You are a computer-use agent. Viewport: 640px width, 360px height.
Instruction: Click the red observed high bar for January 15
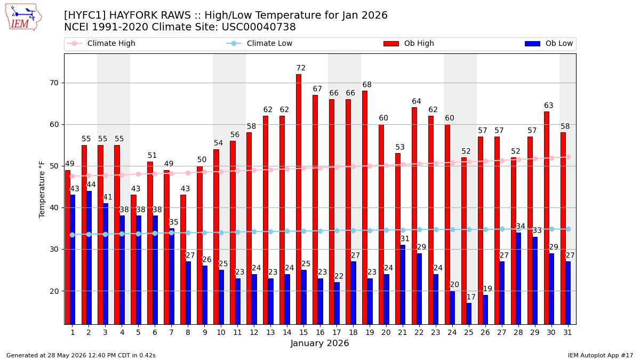click(x=299, y=199)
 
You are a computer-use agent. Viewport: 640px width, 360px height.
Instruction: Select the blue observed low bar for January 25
click(x=469, y=314)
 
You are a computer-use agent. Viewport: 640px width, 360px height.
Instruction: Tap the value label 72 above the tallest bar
click(x=301, y=68)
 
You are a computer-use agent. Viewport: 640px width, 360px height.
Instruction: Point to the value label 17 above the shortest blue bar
click(x=471, y=297)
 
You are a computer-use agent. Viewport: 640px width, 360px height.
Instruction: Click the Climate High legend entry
click(x=101, y=43)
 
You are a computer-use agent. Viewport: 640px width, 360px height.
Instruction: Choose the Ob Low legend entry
click(x=549, y=43)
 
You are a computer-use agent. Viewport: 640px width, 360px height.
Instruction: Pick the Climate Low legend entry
click(x=259, y=43)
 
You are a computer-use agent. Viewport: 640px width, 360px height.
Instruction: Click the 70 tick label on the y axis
click(x=54, y=83)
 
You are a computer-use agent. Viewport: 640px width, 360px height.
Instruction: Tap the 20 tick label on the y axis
click(x=54, y=291)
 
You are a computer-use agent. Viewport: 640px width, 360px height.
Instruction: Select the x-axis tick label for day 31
click(x=567, y=333)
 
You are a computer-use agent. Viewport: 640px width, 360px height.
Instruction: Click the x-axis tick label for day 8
click(x=188, y=333)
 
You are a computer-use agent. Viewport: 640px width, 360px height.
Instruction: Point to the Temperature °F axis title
click(x=42, y=189)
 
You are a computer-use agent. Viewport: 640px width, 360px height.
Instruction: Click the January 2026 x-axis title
click(x=319, y=343)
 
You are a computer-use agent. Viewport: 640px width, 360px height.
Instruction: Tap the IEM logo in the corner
click(x=23, y=18)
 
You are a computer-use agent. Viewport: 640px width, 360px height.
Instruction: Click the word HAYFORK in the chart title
click(x=150, y=15)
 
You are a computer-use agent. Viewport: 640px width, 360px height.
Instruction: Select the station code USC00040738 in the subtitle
click(x=259, y=27)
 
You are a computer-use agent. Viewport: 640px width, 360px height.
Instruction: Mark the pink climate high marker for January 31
click(x=569, y=157)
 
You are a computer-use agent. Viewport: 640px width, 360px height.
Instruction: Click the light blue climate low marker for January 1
click(x=73, y=235)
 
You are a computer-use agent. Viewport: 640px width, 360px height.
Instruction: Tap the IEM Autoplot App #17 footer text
click(x=601, y=355)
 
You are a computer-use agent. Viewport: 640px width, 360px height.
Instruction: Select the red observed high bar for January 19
click(x=365, y=207)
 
